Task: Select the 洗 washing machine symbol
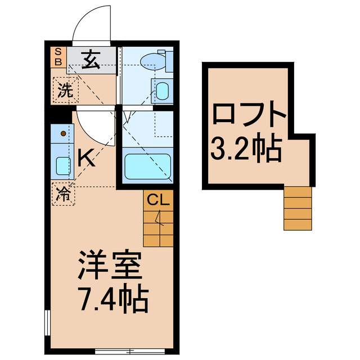click(x=64, y=90)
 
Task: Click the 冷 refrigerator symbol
click(x=63, y=195)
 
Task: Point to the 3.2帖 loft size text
click(x=246, y=147)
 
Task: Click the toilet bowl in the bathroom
click(x=151, y=60)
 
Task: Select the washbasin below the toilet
click(x=162, y=90)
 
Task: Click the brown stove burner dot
click(x=63, y=134)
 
